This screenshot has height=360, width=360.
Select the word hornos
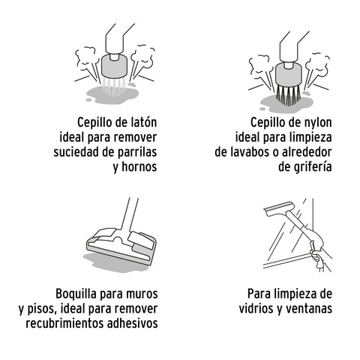click(x=139, y=166)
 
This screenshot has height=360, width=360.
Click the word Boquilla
click(x=76, y=294)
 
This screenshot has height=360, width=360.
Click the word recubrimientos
click(x=65, y=323)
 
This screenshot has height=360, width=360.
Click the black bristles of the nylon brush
click(x=288, y=94)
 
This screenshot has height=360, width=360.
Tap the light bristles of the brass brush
click(x=114, y=87)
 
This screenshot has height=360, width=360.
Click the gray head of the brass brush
click(x=115, y=66)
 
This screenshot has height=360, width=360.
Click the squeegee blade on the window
click(x=280, y=208)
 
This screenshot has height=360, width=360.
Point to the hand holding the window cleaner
click(x=318, y=260)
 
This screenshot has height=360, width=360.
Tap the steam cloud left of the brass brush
click(x=85, y=59)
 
